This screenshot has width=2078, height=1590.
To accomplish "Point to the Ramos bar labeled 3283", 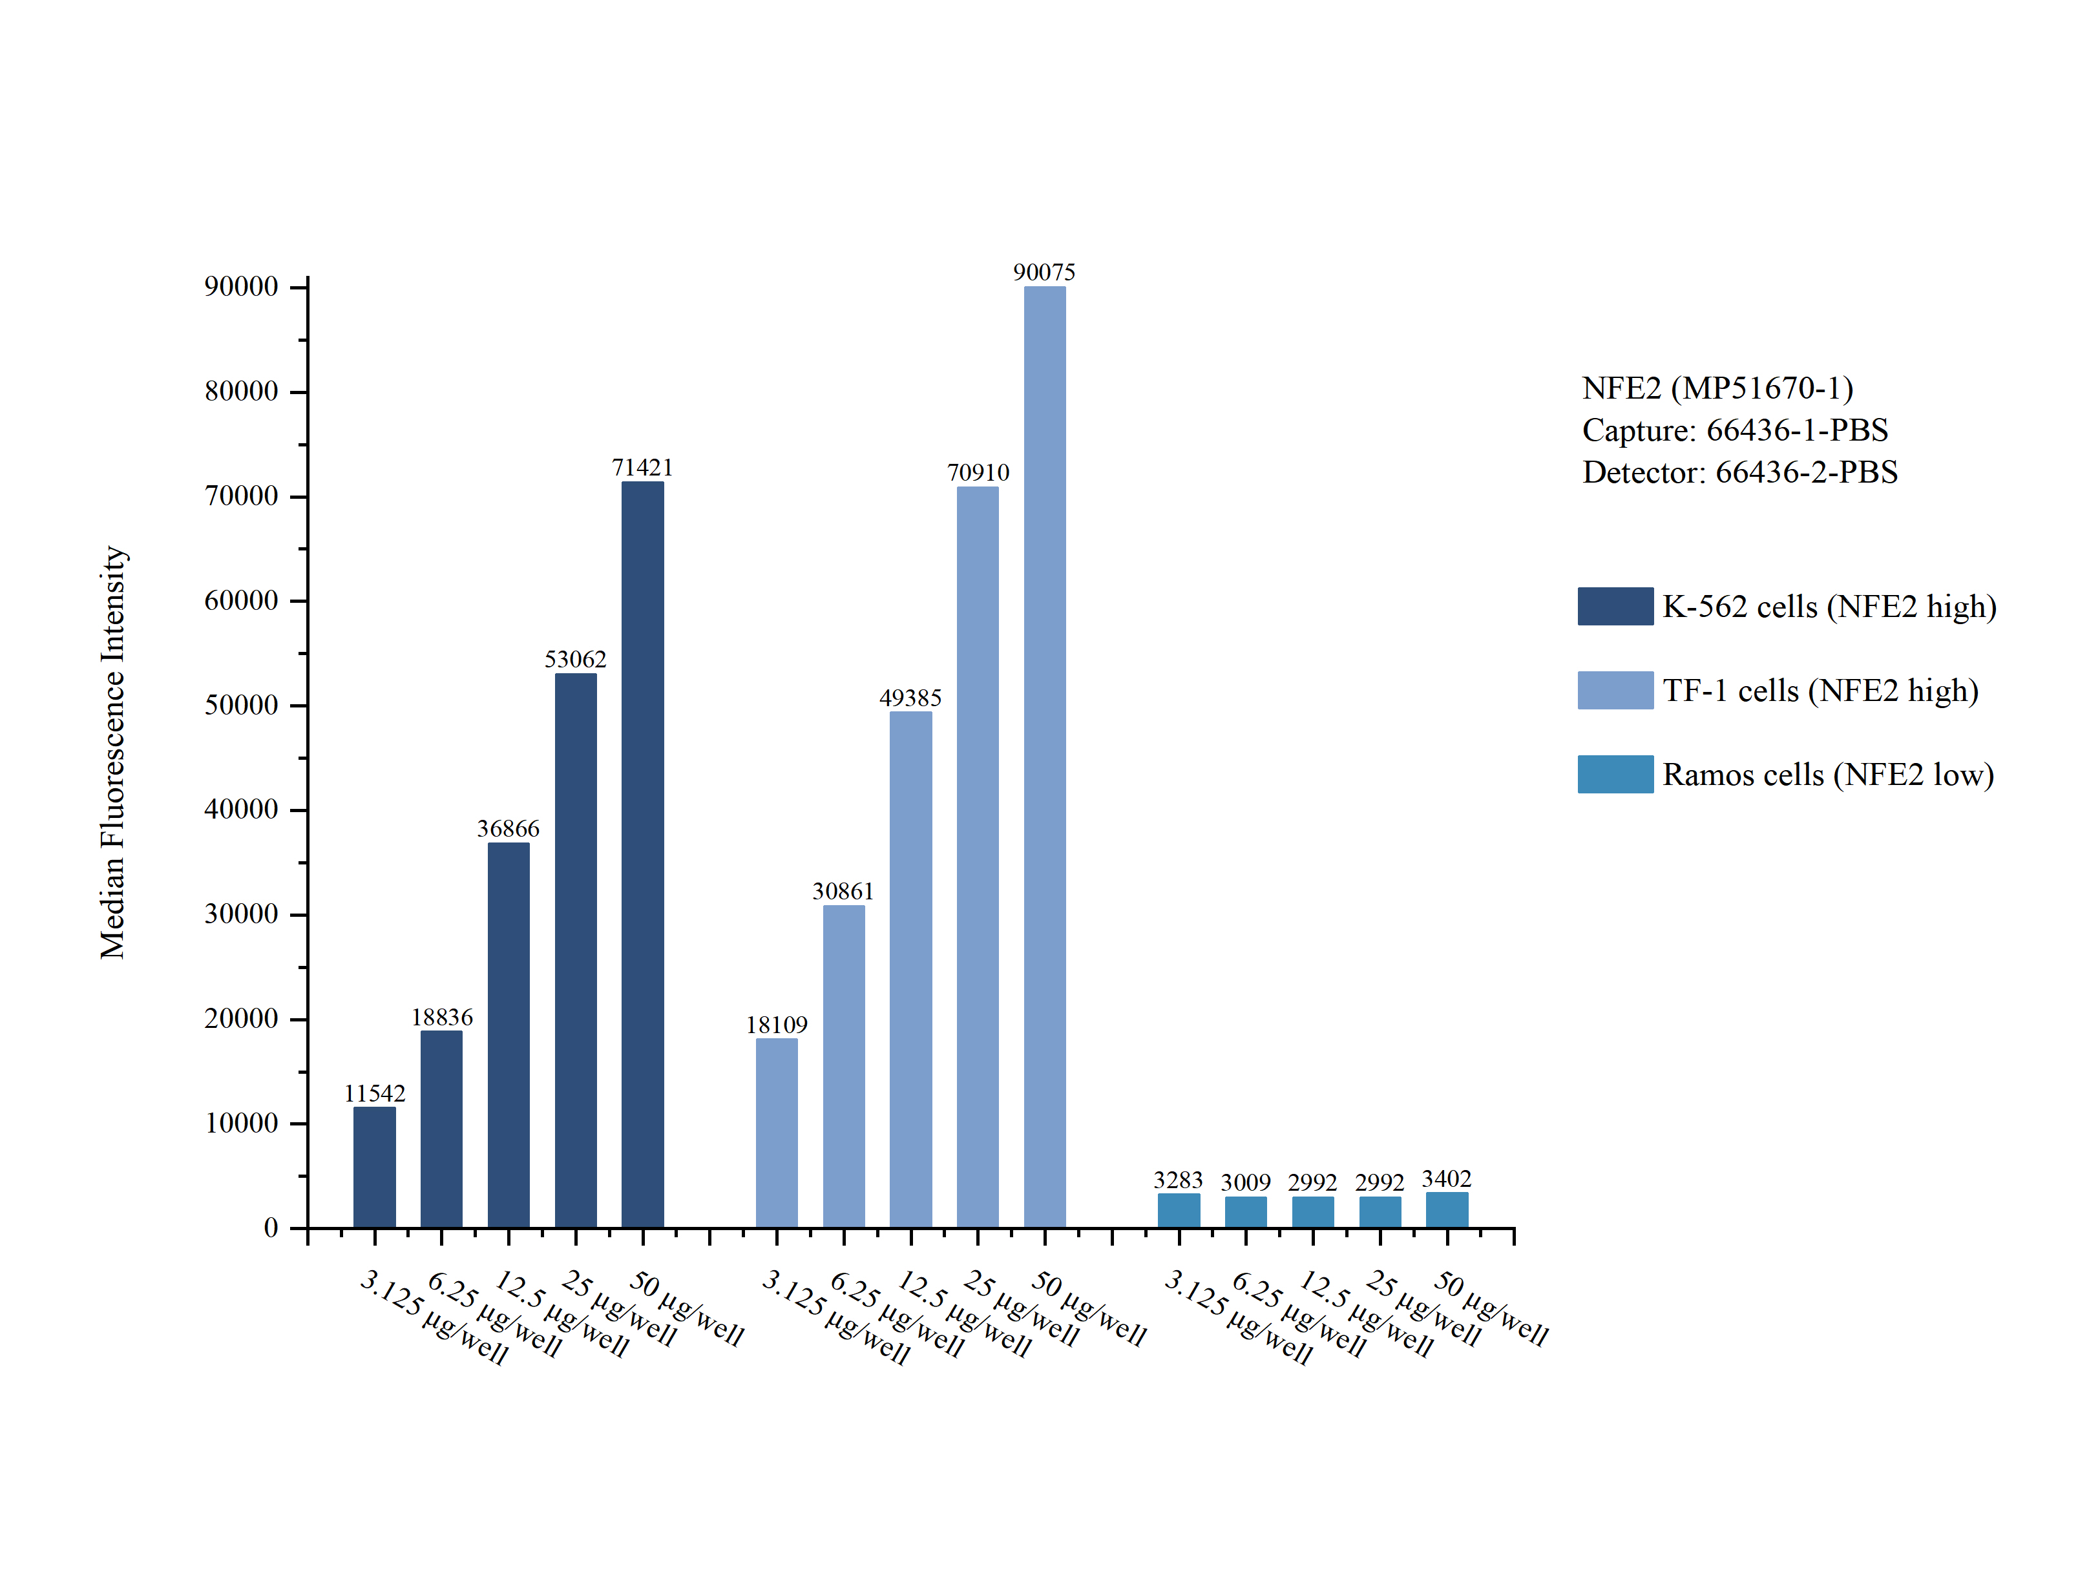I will (x=1179, y=1211).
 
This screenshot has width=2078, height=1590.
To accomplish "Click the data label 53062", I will (x=575, y=659).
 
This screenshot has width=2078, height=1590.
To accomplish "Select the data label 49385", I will (x=910, y=698).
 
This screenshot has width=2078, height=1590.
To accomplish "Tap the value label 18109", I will (x=776, y=1024).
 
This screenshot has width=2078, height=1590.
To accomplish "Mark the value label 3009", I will (x=1245, y=1182).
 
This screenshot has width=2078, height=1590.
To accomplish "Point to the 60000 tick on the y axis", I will (x=241, y=600).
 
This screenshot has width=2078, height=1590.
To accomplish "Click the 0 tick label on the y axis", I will (x=271, y=1228).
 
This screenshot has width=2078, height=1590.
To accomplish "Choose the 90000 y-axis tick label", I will (x=241, y=287).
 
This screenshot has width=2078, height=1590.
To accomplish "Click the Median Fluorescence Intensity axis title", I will (x=112, y=753).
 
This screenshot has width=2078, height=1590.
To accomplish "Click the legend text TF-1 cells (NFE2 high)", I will (x=1820, y=690).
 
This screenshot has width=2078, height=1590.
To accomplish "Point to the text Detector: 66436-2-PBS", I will (x=1739, y=472).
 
